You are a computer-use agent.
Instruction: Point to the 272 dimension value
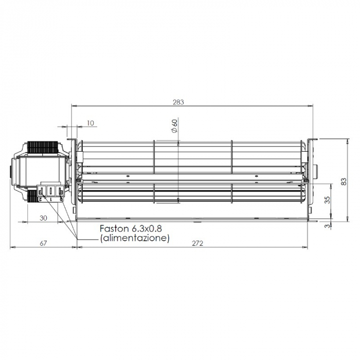(x=197, y=243)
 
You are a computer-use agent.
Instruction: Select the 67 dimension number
(x=44, y=243)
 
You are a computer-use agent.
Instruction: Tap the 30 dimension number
(x=43, y=218)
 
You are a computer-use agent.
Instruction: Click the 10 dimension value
(x=91, y=123)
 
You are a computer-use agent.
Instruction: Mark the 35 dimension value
(x=327, y=200)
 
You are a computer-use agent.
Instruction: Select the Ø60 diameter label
(x=174, y=127)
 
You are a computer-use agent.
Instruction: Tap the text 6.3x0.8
(x=150, y=229)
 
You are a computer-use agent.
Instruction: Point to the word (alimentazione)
(x=135, y=238)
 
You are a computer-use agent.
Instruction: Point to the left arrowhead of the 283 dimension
(x=73, y=106)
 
